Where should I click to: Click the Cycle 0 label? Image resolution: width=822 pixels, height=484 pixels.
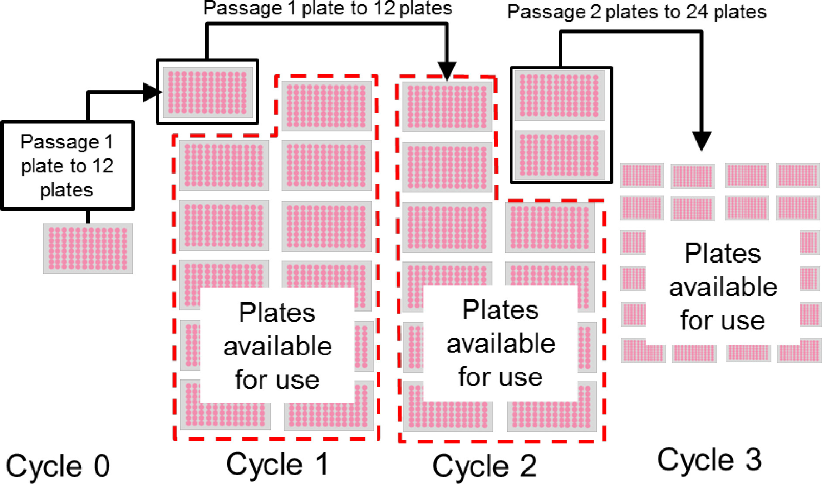[x=58, y=467]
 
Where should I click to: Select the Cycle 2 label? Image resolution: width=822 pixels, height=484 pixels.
[x=484, y=467]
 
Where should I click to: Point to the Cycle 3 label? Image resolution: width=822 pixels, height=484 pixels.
[x=709, y=460]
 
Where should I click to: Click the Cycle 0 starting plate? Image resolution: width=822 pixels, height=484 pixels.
[x=88, y=249]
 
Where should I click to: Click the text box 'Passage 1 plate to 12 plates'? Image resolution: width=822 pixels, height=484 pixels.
[x=67, y=166]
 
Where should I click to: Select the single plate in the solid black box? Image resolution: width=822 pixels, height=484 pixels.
[x=207, y=93]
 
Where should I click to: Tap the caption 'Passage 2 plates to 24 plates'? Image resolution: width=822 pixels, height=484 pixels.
[x=636, y=12]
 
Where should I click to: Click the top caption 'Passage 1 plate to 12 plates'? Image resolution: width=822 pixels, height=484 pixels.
[x=328, y=8]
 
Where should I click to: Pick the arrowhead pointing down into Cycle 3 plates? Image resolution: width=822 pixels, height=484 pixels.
[x=701, y=141]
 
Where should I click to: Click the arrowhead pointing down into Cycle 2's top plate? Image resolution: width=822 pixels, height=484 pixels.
[x=447, y=71]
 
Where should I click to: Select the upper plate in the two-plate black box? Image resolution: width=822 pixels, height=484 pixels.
[x=559, y=96]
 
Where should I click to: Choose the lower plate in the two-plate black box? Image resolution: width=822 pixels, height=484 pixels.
[x=559, y=155]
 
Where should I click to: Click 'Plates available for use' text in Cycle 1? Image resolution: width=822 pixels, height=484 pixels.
[x=278, y=346]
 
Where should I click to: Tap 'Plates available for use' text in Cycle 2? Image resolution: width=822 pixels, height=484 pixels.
[x=501, y=343]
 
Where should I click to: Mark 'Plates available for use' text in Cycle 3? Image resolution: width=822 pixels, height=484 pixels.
[x=723, y=287]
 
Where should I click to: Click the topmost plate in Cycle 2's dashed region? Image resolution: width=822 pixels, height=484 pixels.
[x=447, y=107]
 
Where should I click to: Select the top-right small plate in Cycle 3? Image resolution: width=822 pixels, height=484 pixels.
[x=798, y=175]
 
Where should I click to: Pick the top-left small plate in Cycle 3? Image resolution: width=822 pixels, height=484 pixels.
[x=642, y=175]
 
